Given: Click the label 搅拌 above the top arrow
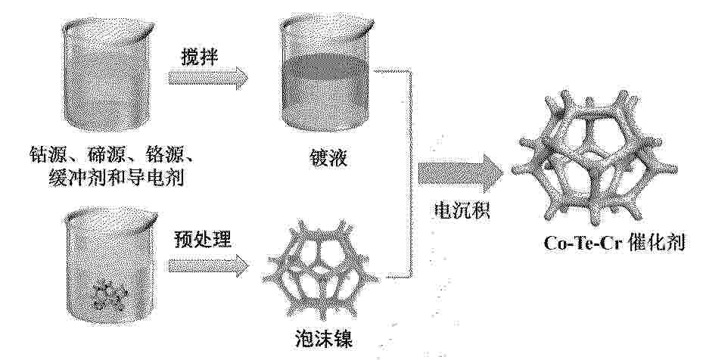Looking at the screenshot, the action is point(200,57).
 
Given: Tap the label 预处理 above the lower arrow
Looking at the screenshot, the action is point(202,240).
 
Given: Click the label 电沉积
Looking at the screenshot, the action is point(462,209).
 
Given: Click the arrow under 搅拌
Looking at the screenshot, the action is point(207,79).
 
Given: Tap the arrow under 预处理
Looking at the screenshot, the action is point(208,265).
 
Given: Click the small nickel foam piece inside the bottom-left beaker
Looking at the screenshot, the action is point(110,295).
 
